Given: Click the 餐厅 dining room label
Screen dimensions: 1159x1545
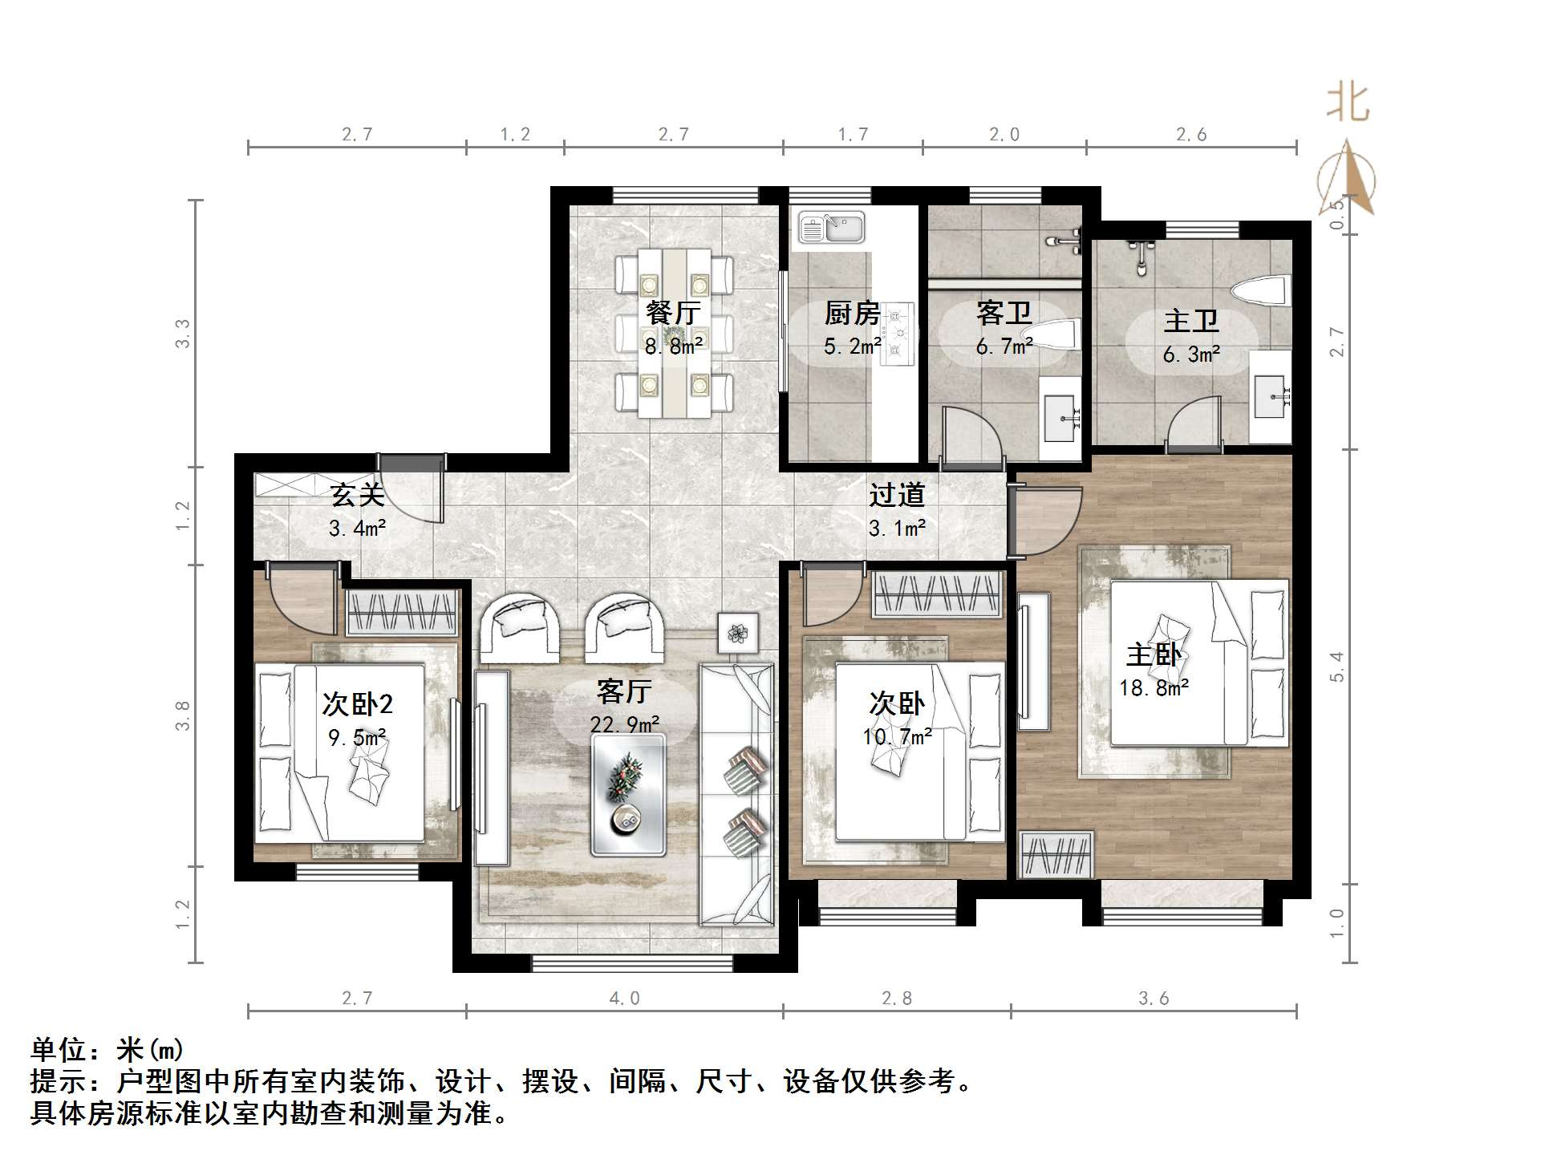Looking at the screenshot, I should point(673,313).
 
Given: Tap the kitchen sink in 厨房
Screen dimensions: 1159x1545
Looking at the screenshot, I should point(831,227).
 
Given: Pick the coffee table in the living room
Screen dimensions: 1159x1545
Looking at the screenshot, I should point(628,795).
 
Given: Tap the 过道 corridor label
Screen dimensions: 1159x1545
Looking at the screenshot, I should point(897,495).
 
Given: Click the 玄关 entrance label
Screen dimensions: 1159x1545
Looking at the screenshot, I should point(357,495).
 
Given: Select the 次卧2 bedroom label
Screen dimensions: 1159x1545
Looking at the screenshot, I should point(357,704).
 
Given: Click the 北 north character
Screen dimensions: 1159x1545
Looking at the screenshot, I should point(1348,103).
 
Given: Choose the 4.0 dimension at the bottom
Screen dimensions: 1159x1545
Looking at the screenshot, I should point(624,999).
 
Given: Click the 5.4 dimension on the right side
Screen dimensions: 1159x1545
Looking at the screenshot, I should point(1336,667).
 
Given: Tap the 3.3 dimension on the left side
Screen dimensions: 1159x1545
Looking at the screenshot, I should point(183,334).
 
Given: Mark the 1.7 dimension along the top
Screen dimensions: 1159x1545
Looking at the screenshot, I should point(853,135).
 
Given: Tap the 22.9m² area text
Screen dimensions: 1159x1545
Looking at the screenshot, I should point(625,725).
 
